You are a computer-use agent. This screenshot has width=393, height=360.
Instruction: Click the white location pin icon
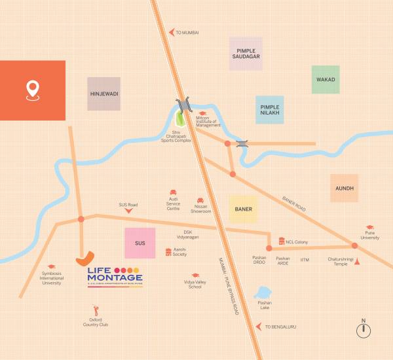[x=32, y=90]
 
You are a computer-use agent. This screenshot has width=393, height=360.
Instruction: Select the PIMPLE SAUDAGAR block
[x=246, y=54]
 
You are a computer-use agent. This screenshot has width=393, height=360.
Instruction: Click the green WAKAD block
[x=326, y=80]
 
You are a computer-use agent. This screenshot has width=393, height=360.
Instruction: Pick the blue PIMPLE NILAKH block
[x=269, y=110]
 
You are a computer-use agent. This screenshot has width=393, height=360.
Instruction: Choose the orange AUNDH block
[x=345, y=188]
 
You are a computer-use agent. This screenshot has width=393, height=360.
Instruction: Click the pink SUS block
[x=140, y=243]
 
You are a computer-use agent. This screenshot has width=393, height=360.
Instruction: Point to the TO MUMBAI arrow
[x=172, y=32]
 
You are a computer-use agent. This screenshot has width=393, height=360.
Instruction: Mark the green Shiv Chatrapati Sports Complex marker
[x=180, y=119]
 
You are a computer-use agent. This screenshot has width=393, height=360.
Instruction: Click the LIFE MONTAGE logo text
[x=115, y=278]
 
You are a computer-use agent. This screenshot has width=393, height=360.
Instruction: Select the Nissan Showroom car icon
[x=200, y=200]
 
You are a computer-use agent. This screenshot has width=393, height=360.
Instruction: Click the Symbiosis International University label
[x=51, y=278]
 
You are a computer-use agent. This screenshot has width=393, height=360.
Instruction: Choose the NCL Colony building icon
[x=282, y=241]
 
